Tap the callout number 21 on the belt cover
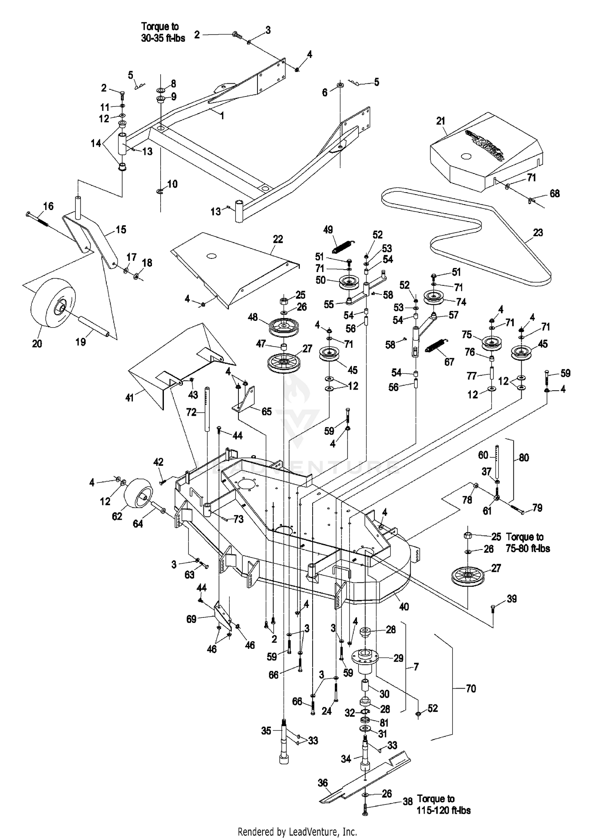[441, 121]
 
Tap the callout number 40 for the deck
[404, 607]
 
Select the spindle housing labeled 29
[365, 657]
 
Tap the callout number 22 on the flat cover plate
[278, 239]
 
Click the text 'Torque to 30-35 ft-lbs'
[163, 33]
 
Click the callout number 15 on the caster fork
[121, 230]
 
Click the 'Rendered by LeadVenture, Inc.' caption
[297, 831]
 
